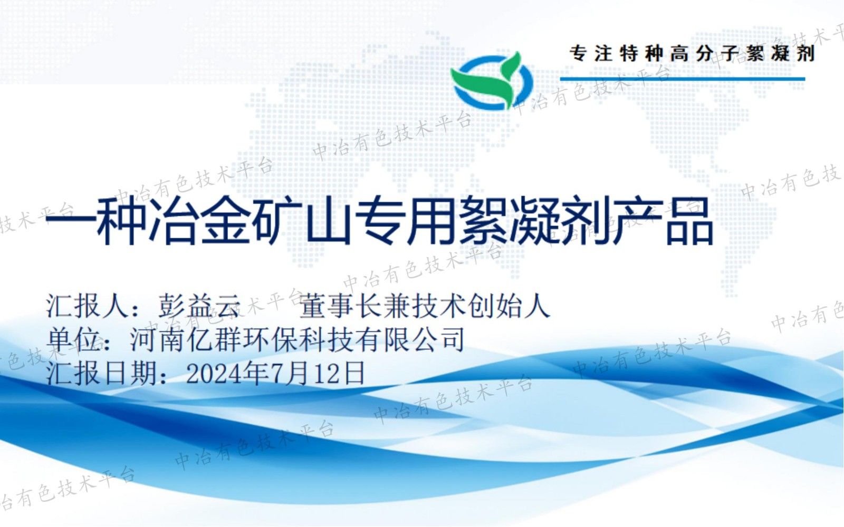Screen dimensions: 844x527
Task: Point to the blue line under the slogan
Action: [x=683, y=79]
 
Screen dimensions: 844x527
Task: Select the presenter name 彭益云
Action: [x=199, y=305]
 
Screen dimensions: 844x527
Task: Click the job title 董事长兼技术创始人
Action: [x=425, y=305]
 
